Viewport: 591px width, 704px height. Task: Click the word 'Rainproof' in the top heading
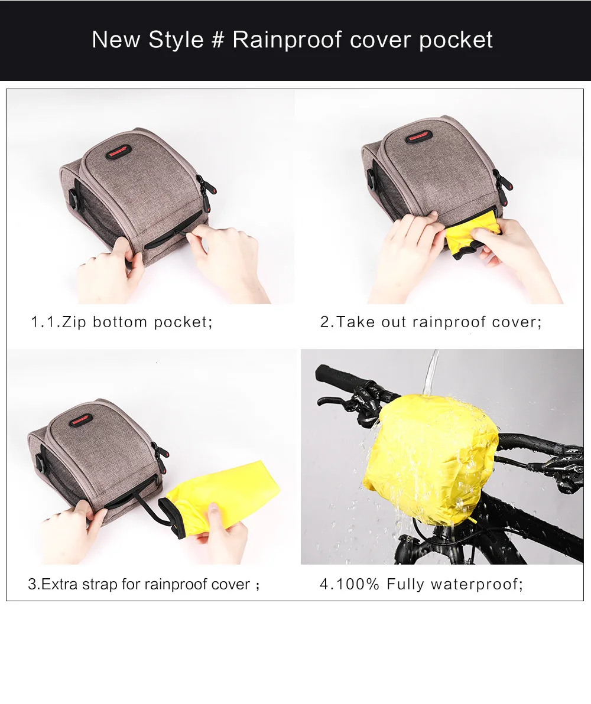pos(287,40)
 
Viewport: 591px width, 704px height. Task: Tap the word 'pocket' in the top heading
pos(456,40)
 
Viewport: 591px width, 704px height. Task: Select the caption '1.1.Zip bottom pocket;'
pos(121,322)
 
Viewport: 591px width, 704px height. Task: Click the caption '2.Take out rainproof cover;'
pos(430,322)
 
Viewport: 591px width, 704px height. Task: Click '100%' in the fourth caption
pos(358,584)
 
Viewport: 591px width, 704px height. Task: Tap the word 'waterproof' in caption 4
pos(475,584)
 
